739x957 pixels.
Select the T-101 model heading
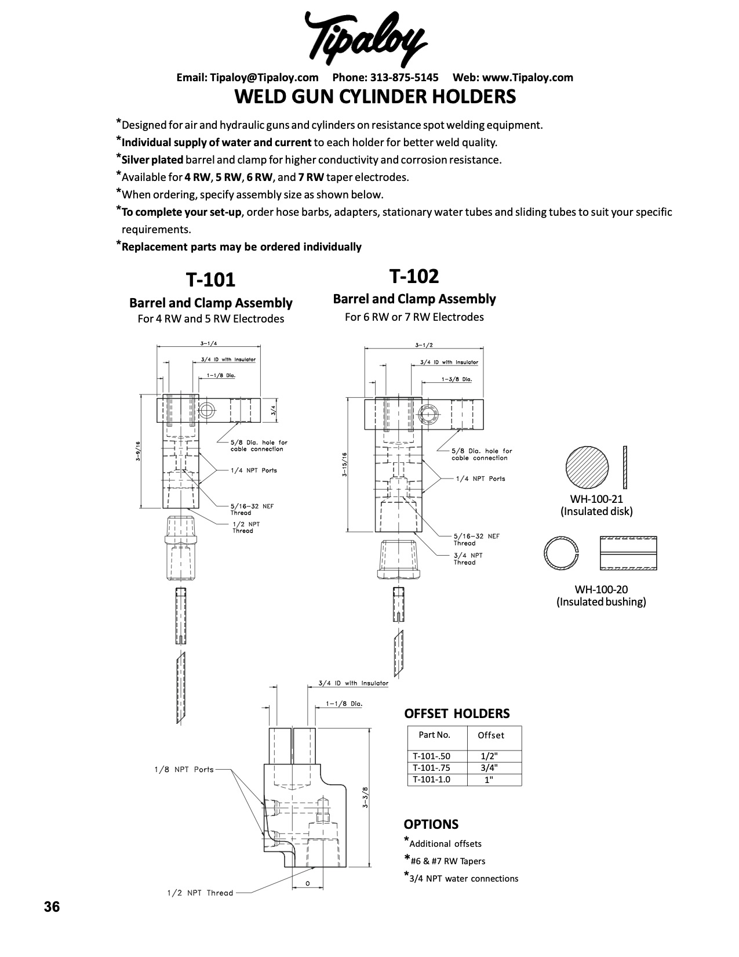click(210, 280)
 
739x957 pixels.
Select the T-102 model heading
click(414, 277)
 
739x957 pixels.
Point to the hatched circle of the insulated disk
click(587, 467)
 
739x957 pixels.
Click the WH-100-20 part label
click(601, 589)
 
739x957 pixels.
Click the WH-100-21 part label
click(596, 499)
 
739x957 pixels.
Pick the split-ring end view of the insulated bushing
click(561, 553)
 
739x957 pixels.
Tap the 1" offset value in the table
click(489, 780)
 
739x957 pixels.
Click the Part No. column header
click(434, 735)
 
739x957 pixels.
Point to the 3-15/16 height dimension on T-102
click(344, 464)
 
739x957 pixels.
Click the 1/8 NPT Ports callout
click(184, 770)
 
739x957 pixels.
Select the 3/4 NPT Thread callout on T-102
click(468, 559)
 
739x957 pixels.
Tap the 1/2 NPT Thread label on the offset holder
click(196, 893)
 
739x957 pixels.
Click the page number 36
click(52, 907)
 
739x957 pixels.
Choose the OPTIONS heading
click(431, 824)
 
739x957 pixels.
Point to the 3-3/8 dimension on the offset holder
click(365, 797)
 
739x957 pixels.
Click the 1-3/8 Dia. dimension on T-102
click(457, 379)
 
